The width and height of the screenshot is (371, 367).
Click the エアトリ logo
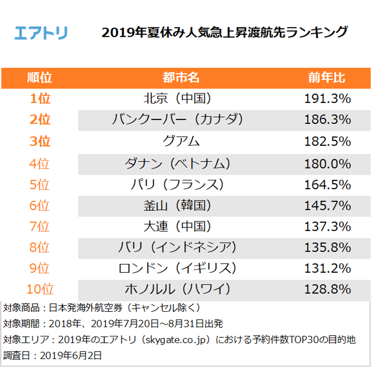click(x=41, y=33)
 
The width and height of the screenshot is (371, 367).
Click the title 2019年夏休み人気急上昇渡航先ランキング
click(x=224, y=33)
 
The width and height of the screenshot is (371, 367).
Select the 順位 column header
click(x=40, y=78)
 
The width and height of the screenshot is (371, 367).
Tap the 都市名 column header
click(x=181, y=78)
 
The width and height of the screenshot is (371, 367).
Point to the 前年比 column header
click(x=327, y=78)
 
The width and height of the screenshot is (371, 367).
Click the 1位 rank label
click(x=40, y=99)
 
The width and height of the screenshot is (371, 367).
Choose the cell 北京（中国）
click(x=181, y=99)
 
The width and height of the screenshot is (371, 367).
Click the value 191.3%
click(x=327, y=99)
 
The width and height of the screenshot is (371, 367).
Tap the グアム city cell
click(x=181, y=141)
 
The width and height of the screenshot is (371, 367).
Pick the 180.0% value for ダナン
click(x=327, y=164)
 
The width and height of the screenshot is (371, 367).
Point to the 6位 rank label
click(x=40, y=206)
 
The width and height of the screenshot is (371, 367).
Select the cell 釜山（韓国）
click(x=181, y=206)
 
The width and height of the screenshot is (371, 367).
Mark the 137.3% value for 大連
click(x=327, y=226)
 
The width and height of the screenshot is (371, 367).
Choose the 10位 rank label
click(x=40, y=290)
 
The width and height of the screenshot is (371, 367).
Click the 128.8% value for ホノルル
click(x=327, y=290)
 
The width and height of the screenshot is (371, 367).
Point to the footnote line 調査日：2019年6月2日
click(x=53, y=355)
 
